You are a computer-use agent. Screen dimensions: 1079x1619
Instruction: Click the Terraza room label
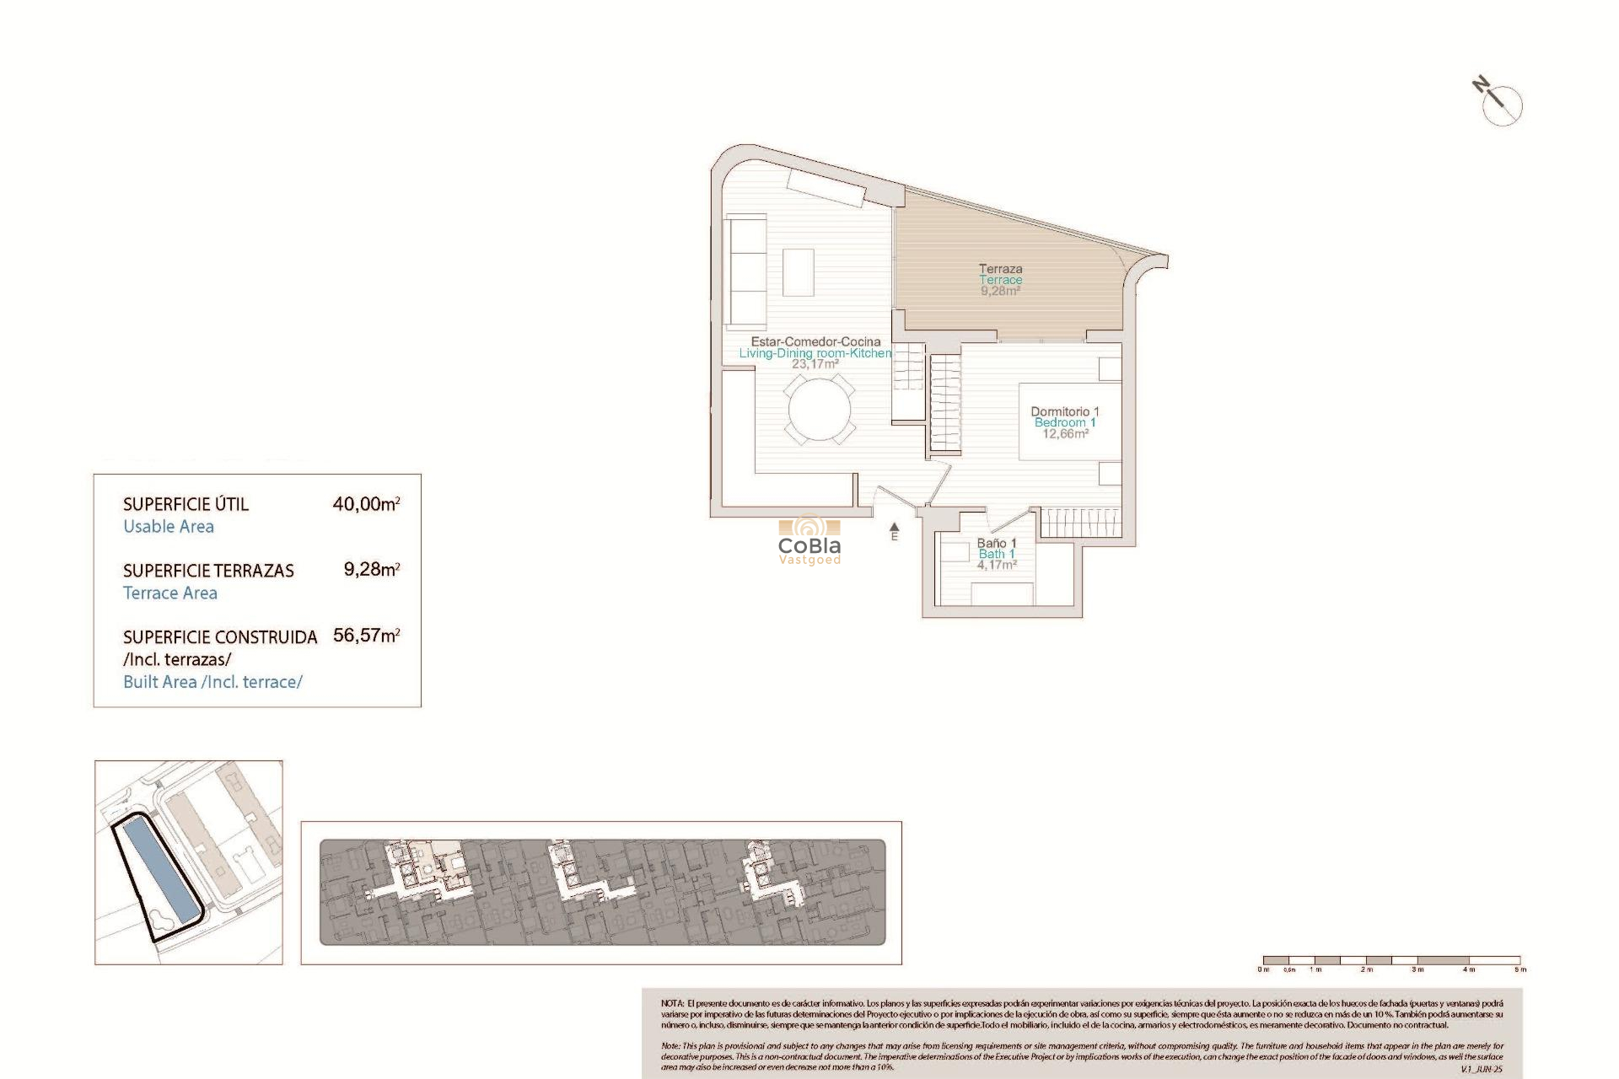coord(1000,269)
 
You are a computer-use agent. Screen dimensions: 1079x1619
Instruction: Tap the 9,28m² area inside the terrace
coord(1000,291)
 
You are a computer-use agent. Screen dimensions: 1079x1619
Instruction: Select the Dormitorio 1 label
coord(1064,411)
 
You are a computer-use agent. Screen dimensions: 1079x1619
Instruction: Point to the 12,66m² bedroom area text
coord(1065,434)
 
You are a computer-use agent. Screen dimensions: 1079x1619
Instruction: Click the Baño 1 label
coord(997,543)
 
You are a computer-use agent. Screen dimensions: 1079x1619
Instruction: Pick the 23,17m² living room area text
coord(815,364)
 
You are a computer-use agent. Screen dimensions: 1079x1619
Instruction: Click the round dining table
coord(820,410)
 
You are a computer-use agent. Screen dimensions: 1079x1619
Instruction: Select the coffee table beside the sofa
coord(798,271)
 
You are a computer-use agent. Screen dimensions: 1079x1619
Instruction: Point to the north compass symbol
coord(1501,105)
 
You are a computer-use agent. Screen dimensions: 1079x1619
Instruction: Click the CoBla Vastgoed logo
coord(809,540)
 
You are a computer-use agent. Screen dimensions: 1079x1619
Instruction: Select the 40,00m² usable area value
coord(366,504)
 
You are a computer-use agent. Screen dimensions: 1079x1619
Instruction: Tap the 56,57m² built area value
coord(366,636)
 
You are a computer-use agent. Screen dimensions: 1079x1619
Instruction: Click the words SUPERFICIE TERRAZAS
coord(208,571)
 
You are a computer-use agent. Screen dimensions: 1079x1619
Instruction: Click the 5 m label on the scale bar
coord(1520,969)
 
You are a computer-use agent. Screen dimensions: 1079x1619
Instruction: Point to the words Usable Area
coord(169,527)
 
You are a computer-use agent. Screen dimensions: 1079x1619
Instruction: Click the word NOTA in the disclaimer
coord(672,1004)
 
